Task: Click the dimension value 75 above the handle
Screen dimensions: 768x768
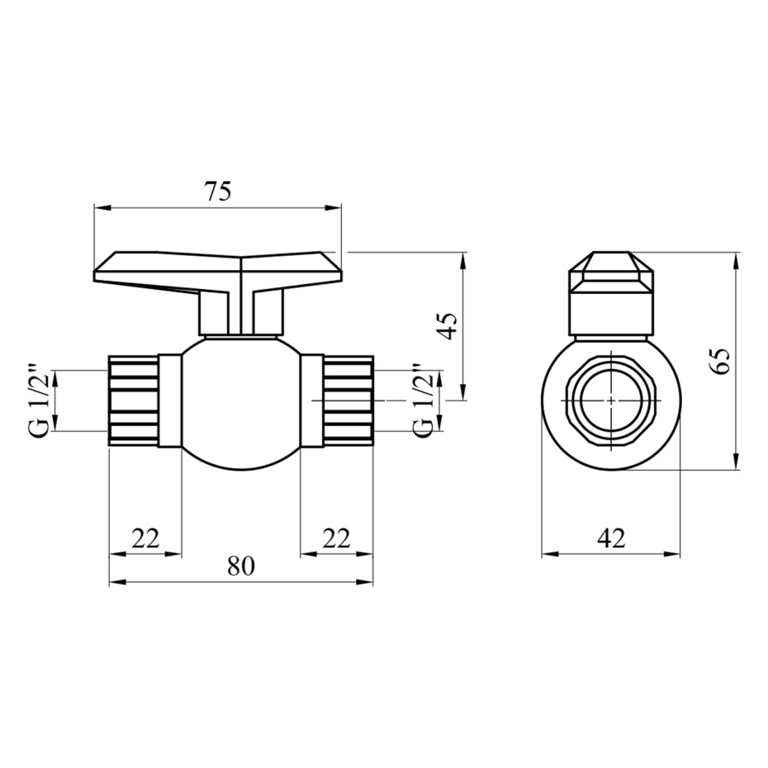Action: (x=218, y=192)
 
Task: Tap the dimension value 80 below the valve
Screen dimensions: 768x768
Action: (x=241, y=567)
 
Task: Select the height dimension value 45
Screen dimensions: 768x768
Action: (x=448, y=325)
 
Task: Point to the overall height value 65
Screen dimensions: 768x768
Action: (x=720, y=361)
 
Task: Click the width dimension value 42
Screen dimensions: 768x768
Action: (x=612, y=538)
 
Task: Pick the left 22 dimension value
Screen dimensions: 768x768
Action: (x=145, y=538)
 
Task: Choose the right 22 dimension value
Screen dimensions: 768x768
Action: (x=336, y=538)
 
